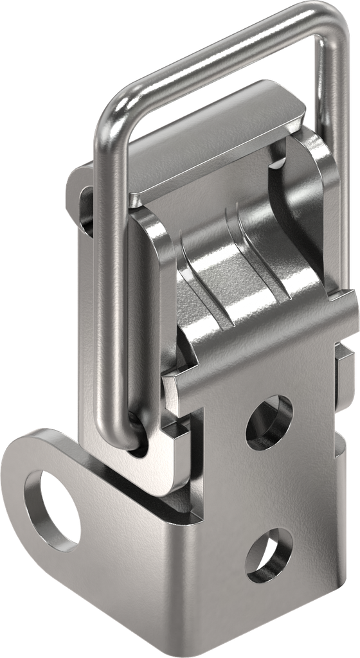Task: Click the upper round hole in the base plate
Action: pyautogui.click(x=269, y=421)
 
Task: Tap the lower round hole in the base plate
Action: pyautogui.click(x=269, y=555)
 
